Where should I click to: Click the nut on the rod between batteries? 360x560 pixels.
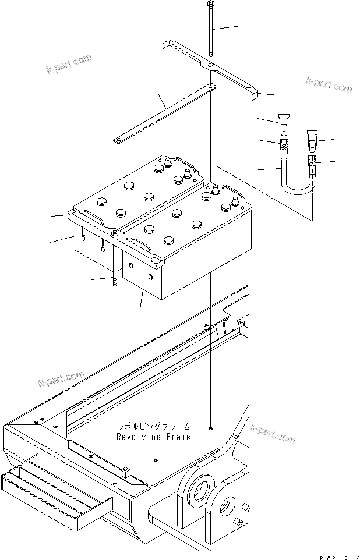(x=114, y=233)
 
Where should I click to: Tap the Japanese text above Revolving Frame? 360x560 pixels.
(x=154, y=427)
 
